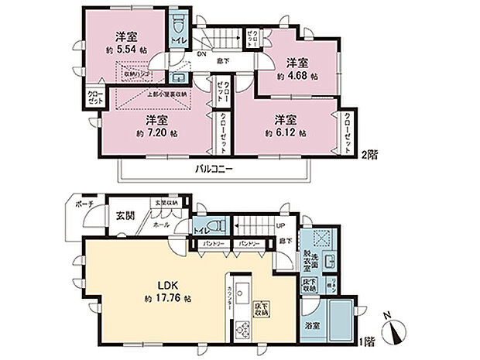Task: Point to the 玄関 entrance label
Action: (126, 215)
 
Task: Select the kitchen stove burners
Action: (239, 330)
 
